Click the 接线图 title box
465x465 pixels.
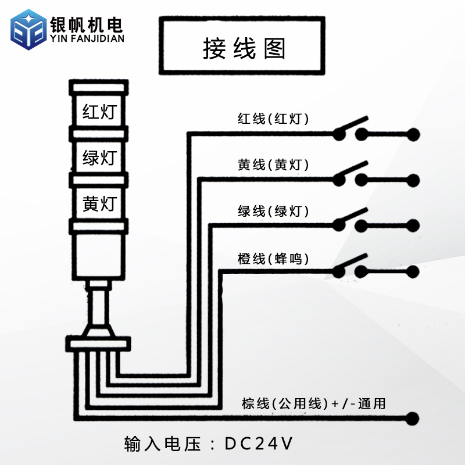point(241,46)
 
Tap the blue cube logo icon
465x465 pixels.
point(28,31)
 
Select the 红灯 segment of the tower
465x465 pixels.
point(99,110)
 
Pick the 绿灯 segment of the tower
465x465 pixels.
point(99,158)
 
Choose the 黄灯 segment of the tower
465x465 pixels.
point(99,204)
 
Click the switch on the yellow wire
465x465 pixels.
point(350,175)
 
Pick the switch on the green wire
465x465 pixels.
point(350,221)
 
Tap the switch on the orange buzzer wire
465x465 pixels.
point(350,267)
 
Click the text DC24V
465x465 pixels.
point(258,444)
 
